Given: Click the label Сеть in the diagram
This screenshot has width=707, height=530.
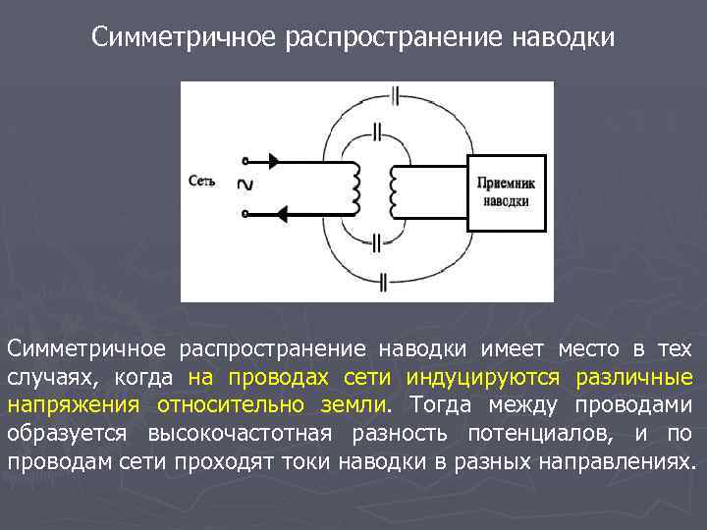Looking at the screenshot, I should [201, 181].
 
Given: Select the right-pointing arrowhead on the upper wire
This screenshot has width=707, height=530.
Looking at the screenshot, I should [274, 160].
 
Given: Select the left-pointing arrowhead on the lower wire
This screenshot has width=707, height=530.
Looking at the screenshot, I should [283, 212].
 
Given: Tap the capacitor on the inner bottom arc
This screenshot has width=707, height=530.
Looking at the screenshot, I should [379, 240].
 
